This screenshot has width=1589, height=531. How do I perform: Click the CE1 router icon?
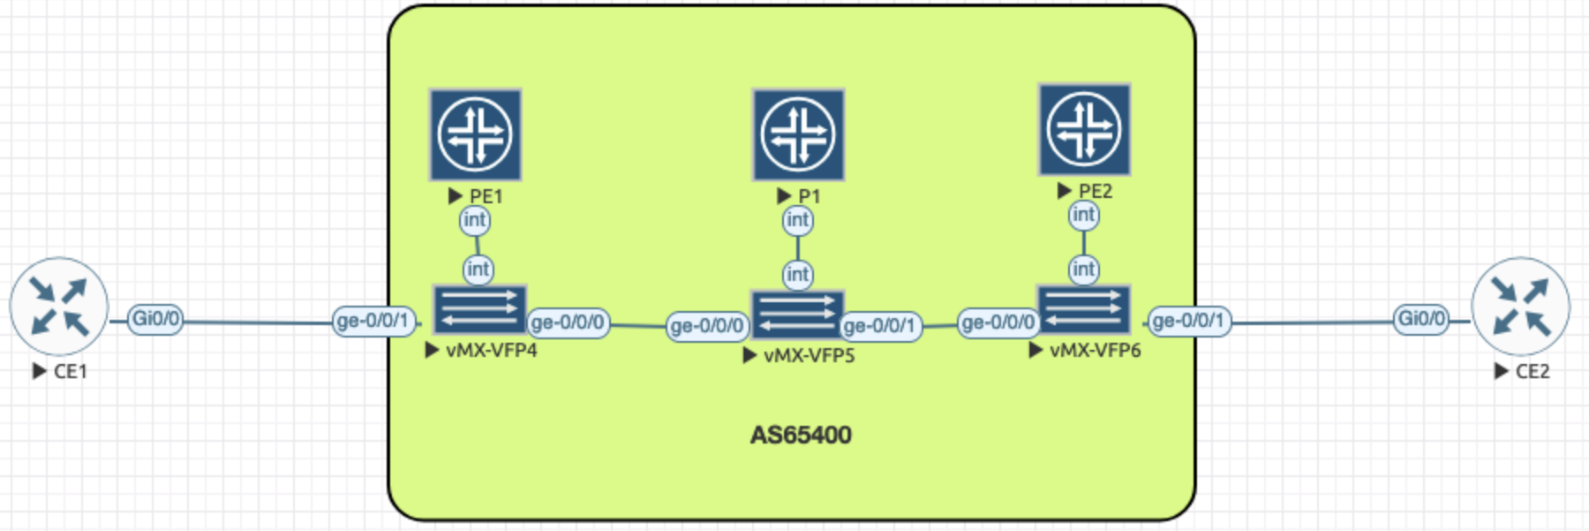[x=58, y=307]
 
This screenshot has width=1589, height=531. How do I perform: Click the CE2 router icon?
[x=1521, y=307]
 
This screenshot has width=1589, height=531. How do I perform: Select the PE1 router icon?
[x=475, y=134]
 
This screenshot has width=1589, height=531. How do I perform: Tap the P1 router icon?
[x=798, y=134]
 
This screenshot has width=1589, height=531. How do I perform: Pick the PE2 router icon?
[x=1084, y=129]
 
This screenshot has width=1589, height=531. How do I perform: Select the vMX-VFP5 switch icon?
[x=797, y=315]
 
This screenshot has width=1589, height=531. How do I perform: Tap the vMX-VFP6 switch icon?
[x=1084, y=309]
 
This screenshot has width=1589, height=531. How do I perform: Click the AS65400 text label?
[x=801, y=435]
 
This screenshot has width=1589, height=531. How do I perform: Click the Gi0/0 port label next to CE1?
[x=156, y=319]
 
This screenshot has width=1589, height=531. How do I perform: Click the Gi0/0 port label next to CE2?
[x=1421, y=319]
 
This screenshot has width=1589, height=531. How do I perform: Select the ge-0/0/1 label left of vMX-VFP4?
[x=373, y=321]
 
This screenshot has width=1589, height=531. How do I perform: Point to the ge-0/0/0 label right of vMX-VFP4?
[x=568, y=322]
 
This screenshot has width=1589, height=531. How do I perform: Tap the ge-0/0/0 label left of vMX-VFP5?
[x=707, y=326]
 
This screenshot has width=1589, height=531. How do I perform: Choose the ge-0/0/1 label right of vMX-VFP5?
[x=880, y=326]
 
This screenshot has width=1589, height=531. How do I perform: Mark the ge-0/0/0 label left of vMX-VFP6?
[x=998, y=322]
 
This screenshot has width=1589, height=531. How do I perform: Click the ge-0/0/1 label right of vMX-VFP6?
[x=1189, y=321]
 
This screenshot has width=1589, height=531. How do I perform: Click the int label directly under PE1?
[x=474, y=220]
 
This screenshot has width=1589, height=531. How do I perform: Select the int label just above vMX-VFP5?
[x=797, y=275]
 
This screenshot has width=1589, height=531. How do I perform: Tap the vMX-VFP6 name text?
[x=1095, y=351]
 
